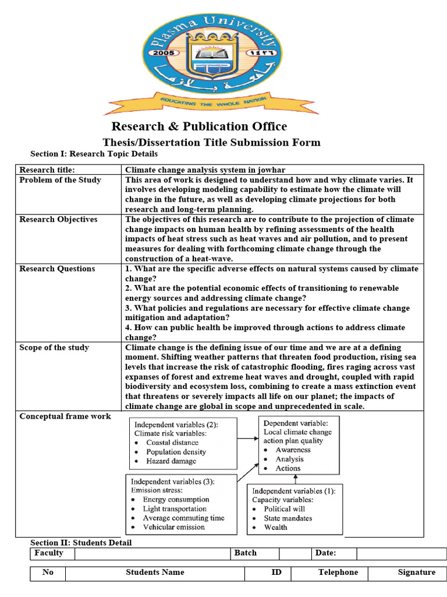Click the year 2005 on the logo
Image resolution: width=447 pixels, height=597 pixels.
[164, 52]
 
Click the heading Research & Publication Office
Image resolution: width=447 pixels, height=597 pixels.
[199, 127]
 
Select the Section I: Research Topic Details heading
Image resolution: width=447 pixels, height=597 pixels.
[94, 154]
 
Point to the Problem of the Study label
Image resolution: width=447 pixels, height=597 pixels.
[60, 180]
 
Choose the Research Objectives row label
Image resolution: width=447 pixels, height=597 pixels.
[58, 219]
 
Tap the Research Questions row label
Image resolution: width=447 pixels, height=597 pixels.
[57, 269]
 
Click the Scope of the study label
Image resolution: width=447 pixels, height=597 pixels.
[54, 347]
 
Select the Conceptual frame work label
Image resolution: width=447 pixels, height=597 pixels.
[65, 416]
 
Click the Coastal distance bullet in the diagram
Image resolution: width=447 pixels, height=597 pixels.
[172, 443]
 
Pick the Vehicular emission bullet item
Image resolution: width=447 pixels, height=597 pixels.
[173, 527]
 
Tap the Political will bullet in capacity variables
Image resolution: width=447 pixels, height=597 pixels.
[285, 509]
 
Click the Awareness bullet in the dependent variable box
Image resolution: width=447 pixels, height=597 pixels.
[293, 449]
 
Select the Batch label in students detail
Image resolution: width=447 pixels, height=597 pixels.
[245, 553]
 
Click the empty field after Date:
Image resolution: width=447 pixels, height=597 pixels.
[401, 553]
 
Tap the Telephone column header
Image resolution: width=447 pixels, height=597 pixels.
[338, 572]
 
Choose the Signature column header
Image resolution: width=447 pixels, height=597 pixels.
[416, 572]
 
